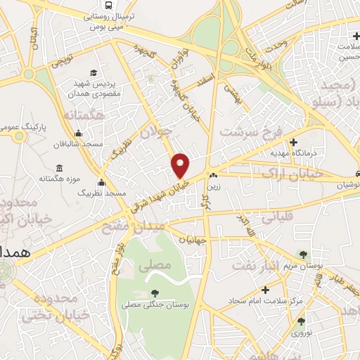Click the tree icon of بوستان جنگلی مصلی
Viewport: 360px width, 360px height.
tap(154, 292)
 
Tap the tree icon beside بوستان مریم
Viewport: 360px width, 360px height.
tap(303, 255)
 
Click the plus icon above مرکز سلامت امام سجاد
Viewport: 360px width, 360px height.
tap(265, 289)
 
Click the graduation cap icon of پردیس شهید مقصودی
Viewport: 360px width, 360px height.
tap(94, 73)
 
